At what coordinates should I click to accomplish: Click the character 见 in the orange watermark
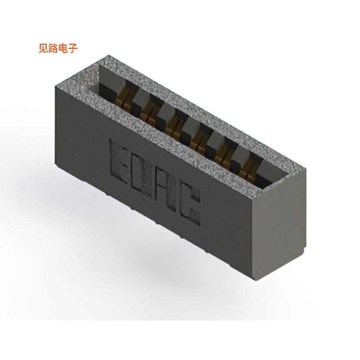click(44, 49)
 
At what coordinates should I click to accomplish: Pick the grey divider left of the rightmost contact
click(236, 155)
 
